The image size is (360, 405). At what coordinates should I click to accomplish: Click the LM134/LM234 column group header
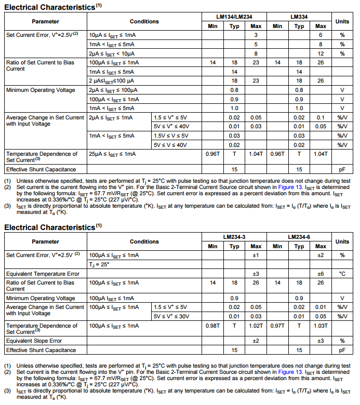(234, 17)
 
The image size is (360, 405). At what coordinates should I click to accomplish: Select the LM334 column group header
(299, 17)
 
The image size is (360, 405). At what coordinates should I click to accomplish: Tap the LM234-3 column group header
(234, 237)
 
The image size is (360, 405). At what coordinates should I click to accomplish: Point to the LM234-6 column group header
(299, 237)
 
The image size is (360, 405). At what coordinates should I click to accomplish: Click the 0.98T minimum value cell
(212, 326)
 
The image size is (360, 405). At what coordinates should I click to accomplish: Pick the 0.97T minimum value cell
(277, 326)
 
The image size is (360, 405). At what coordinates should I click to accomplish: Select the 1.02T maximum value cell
(256, 326)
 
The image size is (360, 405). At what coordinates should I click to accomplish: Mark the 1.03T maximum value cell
(321, 326)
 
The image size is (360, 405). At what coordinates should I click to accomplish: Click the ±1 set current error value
(256, 255)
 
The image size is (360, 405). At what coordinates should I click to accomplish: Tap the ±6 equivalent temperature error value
(321, 274)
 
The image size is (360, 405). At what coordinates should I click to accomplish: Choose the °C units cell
(342, 274)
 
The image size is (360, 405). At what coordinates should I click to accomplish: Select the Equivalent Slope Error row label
(34, 341)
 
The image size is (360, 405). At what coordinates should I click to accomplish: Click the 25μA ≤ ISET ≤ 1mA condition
(112, 154)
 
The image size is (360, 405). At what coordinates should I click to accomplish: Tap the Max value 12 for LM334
(321, 53)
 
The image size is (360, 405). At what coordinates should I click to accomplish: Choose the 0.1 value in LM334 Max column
(321, 118)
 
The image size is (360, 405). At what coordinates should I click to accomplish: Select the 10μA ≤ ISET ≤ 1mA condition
(112, 35)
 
